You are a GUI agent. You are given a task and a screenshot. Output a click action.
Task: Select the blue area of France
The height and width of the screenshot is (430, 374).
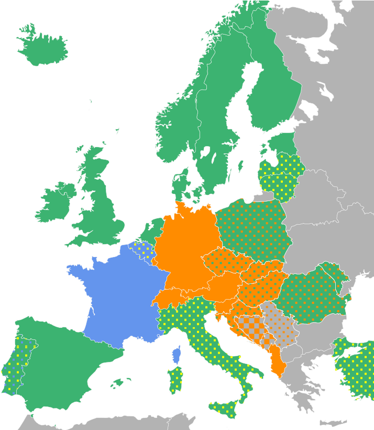[120, 299]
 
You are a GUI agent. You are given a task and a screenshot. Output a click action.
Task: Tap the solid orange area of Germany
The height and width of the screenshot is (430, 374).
[186, 251]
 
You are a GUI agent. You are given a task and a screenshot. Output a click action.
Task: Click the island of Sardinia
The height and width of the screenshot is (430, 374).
[175, 380]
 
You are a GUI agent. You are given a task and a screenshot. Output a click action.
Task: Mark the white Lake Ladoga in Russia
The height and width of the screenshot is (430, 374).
[309, 110]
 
